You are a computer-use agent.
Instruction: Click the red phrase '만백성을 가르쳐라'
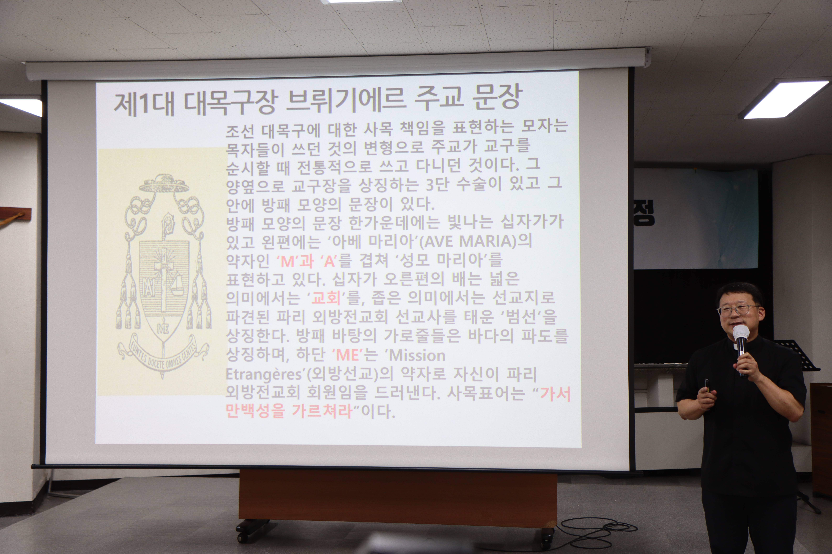point(289,411)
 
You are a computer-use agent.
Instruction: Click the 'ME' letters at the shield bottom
point(163,329)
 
